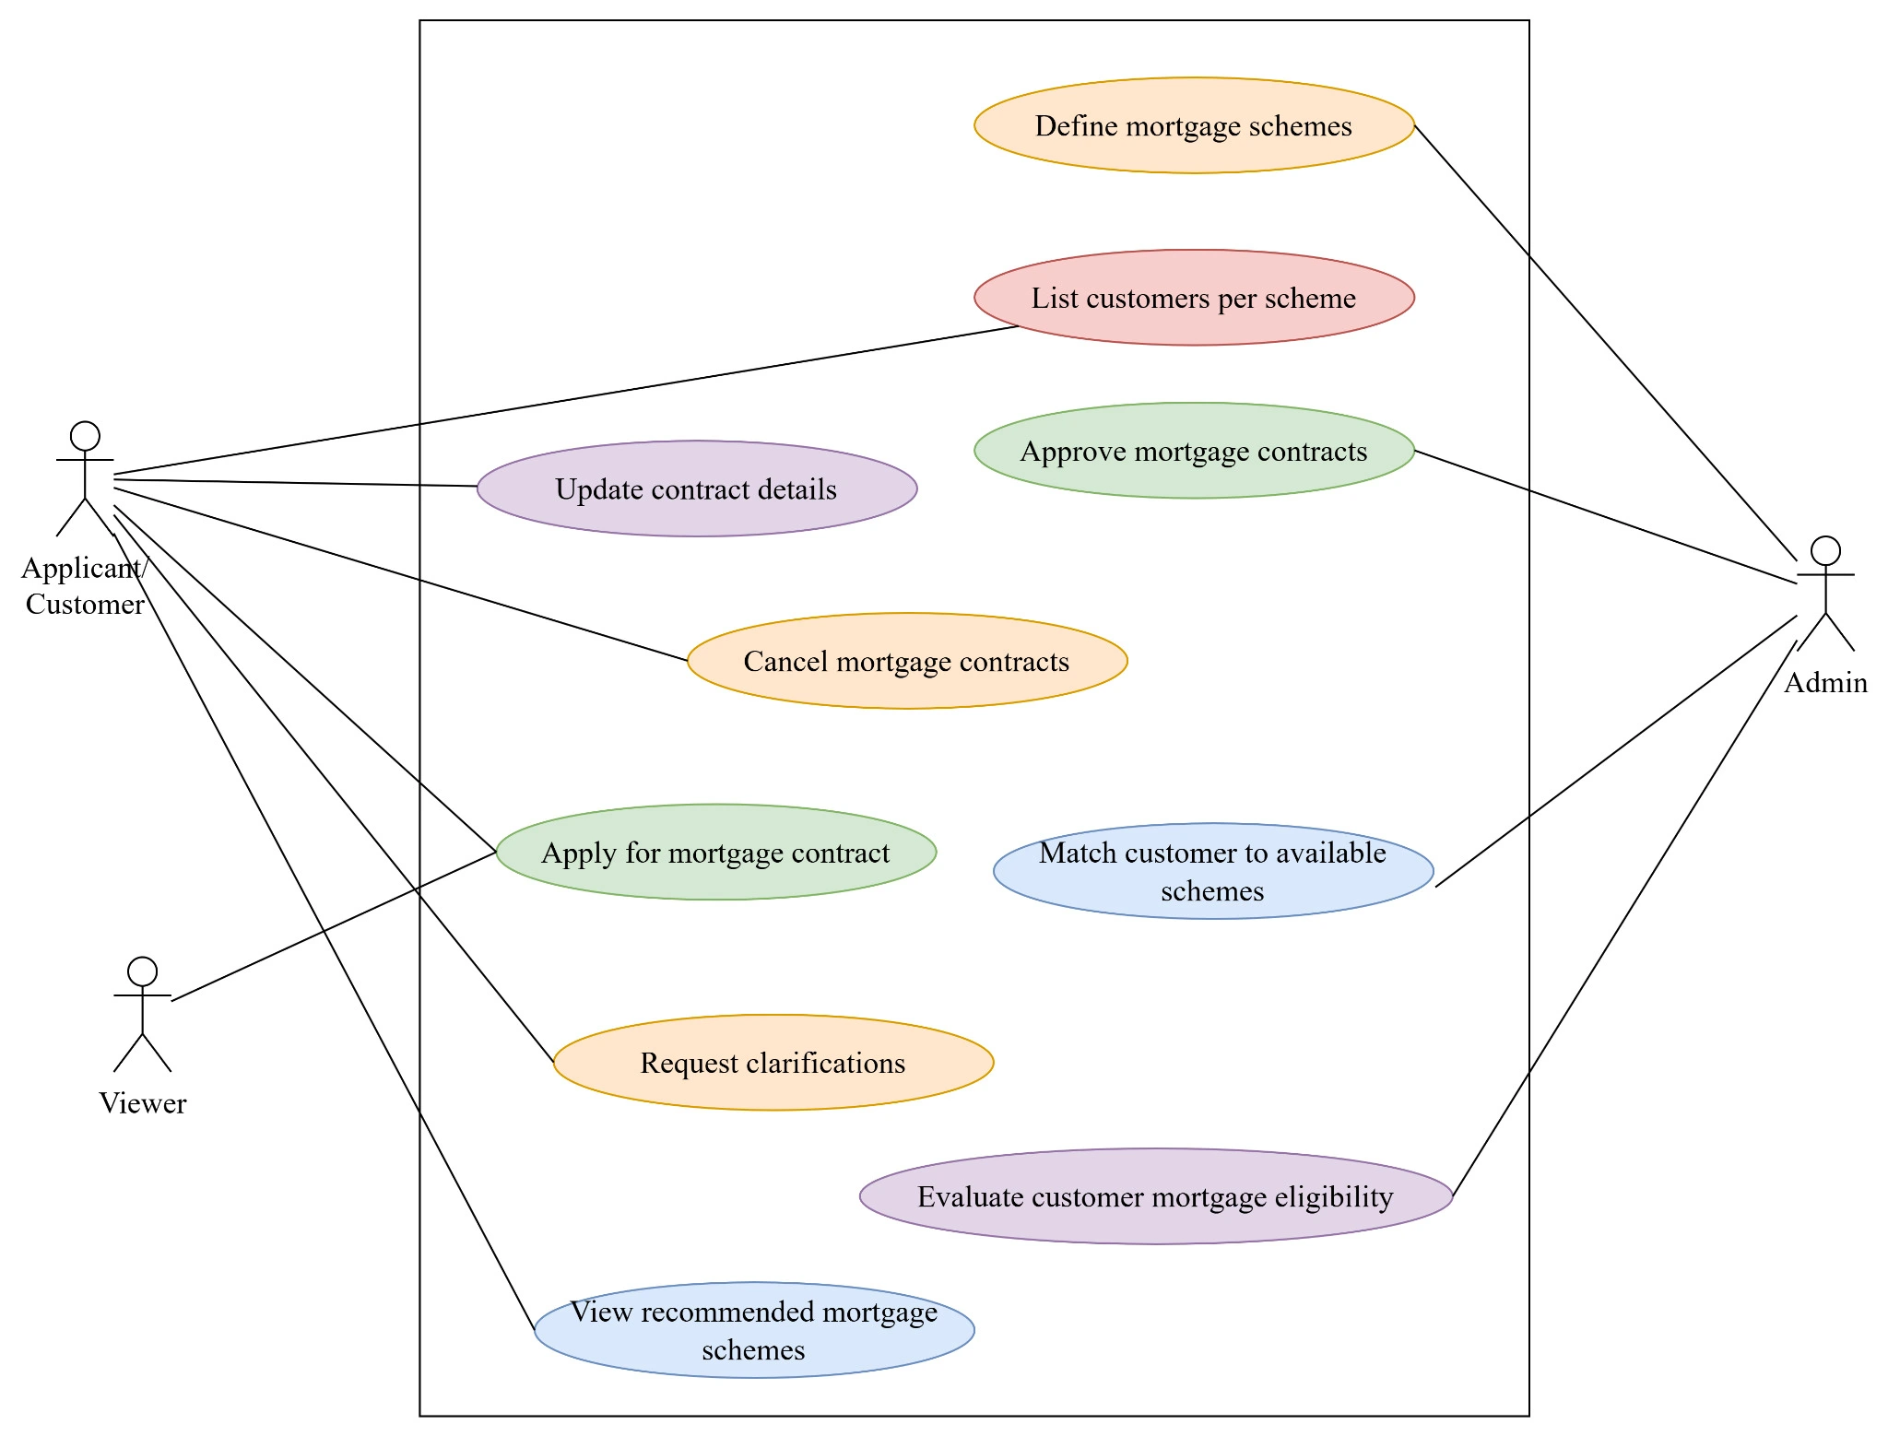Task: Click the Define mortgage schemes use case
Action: [1194, 125]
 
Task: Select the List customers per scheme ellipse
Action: [1194, 298]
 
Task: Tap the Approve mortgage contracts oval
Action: [1194, 451]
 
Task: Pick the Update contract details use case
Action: [697, 488]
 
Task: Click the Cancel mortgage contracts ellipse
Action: [907, 661]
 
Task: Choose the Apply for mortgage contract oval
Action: [716, 853]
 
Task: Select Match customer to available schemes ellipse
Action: [1213, 871]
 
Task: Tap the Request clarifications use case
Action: [773, 1063]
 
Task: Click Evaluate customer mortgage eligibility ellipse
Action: [1156, 1196]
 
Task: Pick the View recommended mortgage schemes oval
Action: [754, 1330]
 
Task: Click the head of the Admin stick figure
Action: [1825, 550]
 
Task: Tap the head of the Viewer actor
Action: [142, 971]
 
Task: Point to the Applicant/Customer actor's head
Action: [85, 436]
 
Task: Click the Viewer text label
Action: [143, 1103]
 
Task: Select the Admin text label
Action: [1825, 683]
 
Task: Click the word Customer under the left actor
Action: [85, 605]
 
